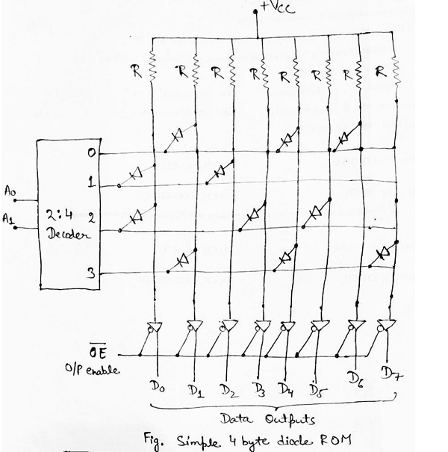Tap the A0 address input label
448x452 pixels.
point(10,192)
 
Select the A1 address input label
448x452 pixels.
point(10,219)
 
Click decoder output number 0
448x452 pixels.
point(90,154)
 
